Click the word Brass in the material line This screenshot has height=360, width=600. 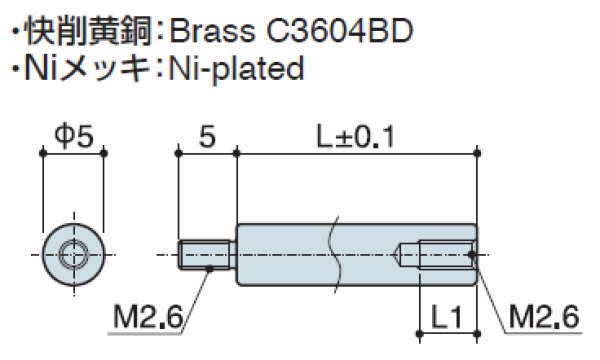[212, 31]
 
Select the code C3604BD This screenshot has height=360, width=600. [339, 31]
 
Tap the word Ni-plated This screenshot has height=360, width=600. [236, 69]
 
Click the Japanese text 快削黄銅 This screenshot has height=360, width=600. [88, 31]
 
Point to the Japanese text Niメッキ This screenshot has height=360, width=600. [87, 69]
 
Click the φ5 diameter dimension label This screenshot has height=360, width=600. [74, 137]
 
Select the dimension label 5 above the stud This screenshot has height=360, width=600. [207, 137]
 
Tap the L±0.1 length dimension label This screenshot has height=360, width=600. [355, 137]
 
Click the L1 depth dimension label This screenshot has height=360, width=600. [447, 317]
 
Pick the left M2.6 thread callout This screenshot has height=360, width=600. [148, 317]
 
